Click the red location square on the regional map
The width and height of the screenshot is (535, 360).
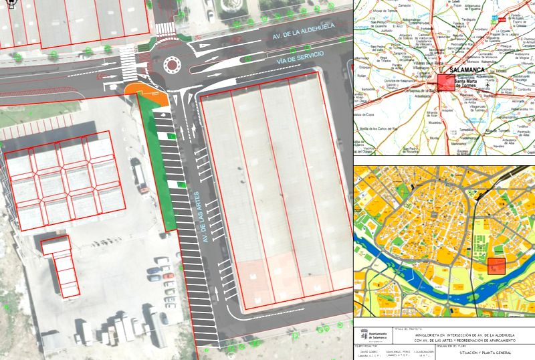tap(445, 82)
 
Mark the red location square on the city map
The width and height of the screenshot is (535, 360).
tap(496, 266)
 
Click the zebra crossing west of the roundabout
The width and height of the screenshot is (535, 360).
tap(126, 62)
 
